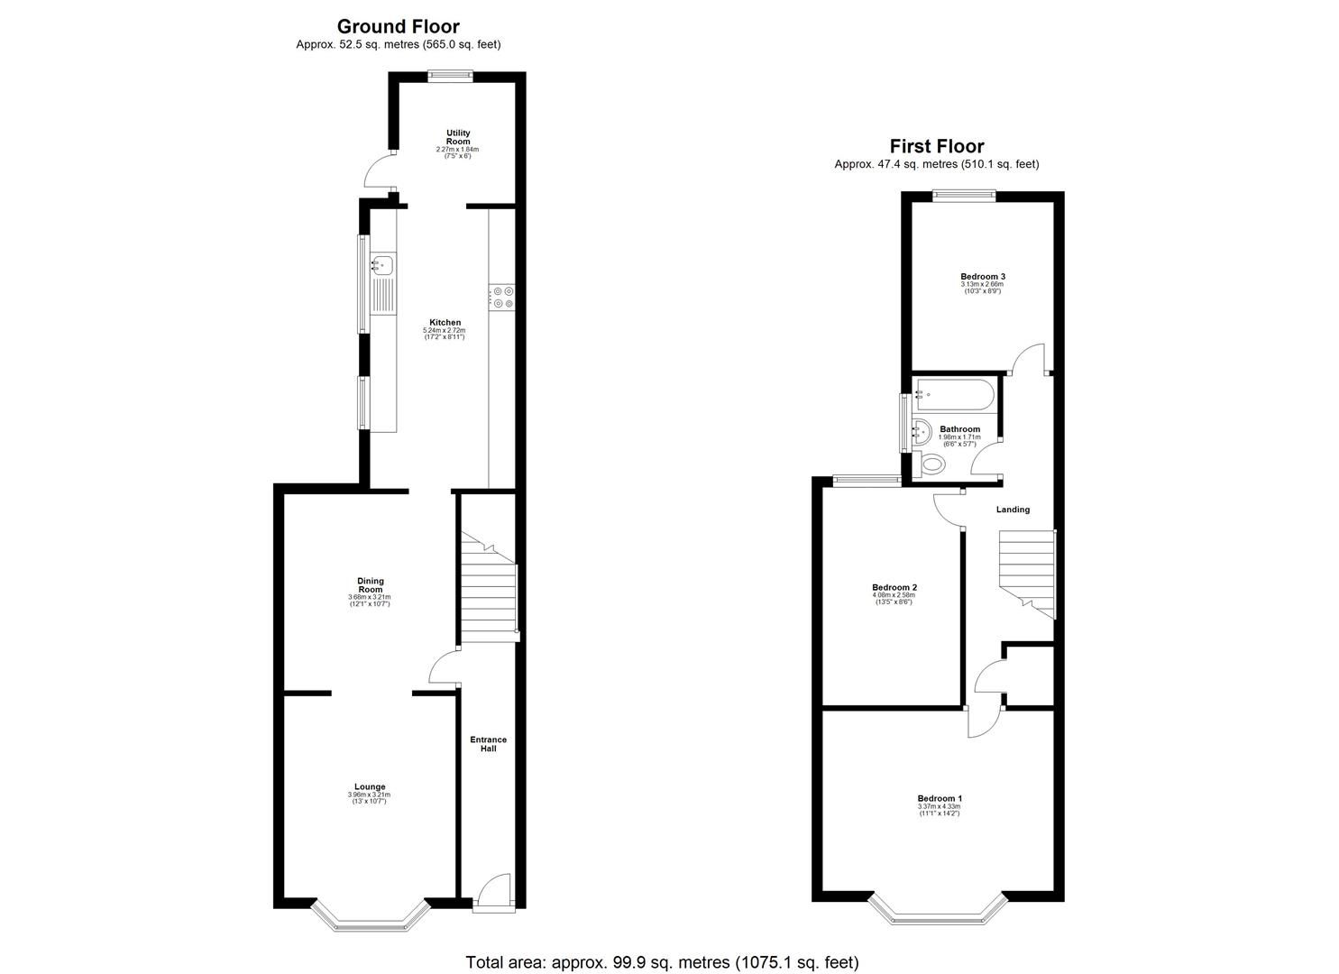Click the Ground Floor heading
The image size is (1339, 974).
tap(398, 26)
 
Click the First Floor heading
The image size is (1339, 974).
tap(936, 146)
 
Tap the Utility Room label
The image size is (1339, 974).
tap(458, 137)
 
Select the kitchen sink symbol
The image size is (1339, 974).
tap(382, 265)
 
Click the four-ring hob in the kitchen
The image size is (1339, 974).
tap(501, 298)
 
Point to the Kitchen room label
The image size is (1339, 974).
tap(445, 322)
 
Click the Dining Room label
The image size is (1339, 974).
tap(370, 585)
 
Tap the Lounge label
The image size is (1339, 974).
tap(370, 787)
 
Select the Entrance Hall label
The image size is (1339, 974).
tap(488, 744)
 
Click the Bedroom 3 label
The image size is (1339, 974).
tap(982, 276)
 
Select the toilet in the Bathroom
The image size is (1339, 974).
tap(931, 465)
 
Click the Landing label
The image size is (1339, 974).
tap(1012, 510)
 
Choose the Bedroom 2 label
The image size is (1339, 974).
tap(894, 587)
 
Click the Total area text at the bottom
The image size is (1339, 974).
tap(662, 962)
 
